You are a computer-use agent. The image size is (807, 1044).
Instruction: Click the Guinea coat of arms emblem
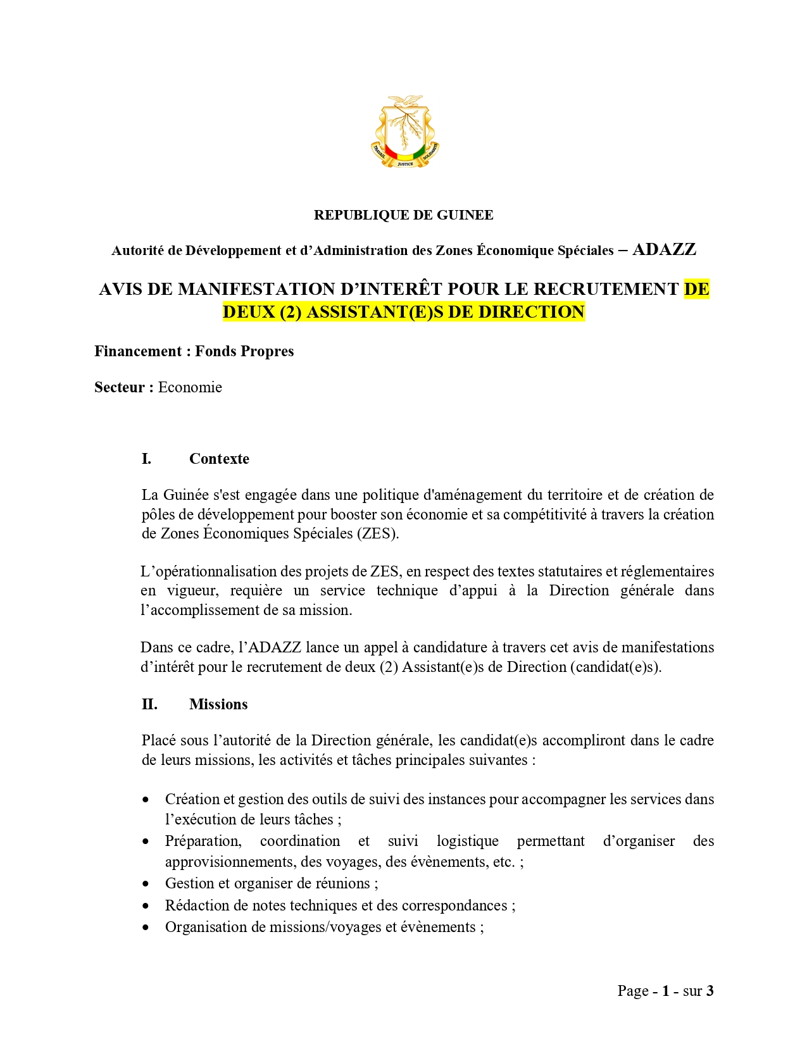click(404, 132)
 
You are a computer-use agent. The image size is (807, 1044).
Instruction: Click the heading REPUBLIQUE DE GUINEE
click(403, 215)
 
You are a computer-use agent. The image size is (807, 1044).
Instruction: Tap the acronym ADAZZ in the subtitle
click(664, 250)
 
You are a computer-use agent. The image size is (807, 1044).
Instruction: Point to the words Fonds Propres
click(244, 351)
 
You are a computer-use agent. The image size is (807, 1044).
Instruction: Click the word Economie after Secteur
click(190, 387)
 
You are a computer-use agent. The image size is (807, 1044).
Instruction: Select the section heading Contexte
click(219, 459)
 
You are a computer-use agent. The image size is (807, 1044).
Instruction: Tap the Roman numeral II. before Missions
click(149, 704)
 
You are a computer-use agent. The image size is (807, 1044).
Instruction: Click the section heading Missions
click(218, 704)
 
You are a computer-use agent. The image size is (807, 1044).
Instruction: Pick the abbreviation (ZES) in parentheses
click(378, 533)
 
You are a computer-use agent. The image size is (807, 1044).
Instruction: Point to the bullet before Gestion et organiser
click(146, 884)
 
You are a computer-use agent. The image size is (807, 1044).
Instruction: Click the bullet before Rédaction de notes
click(146, 906)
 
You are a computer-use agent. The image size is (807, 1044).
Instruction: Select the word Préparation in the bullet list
click(203, 841)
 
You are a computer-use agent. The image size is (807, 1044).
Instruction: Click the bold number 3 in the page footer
click(710, 991)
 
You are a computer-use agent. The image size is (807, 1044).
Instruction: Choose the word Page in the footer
click(633, 991)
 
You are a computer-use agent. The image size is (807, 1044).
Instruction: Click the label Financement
click(138, 351)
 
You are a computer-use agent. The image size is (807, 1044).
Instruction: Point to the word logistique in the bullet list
click(467, 841)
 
